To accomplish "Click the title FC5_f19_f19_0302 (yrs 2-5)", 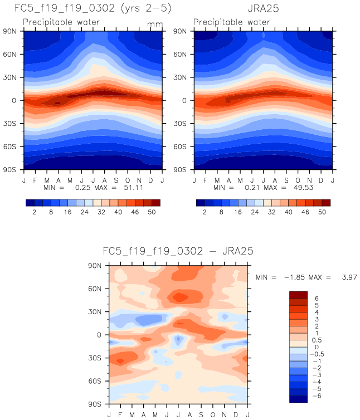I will tap(93, 9).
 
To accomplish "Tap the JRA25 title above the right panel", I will tap(263, 9).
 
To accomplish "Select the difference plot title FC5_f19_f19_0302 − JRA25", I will tap(178, 252).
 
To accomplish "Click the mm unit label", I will tap(153, 25).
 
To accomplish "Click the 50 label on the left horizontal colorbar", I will tap(152, 212).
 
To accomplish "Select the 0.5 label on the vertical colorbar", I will tap(318, 340).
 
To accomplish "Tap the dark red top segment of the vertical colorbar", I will tap(298, 294).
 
